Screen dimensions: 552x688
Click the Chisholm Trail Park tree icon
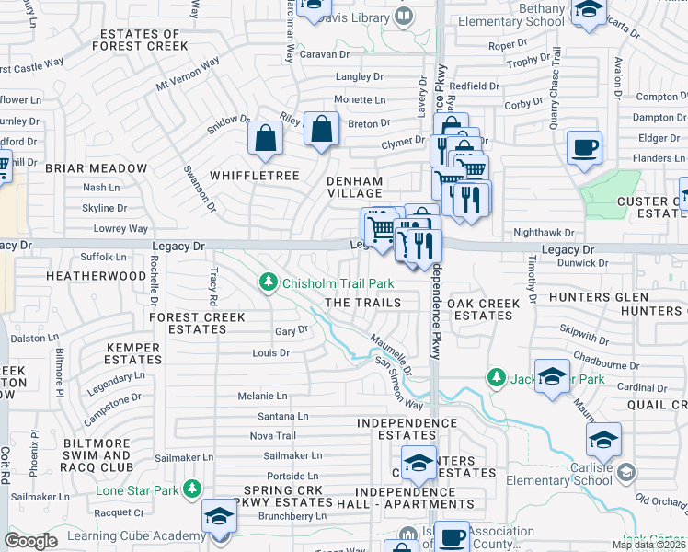269,282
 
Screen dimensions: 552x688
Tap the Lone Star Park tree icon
192,489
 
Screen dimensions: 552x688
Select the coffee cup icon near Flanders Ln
584,147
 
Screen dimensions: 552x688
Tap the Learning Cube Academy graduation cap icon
219,516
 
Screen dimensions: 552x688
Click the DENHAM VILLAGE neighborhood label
355,187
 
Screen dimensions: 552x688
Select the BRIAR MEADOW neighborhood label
96,168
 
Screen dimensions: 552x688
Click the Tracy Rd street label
213,286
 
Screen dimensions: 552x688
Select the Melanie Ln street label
262,396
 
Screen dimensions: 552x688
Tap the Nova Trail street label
272,435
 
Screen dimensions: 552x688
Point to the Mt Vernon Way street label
188,74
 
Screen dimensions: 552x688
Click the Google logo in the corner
30,541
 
